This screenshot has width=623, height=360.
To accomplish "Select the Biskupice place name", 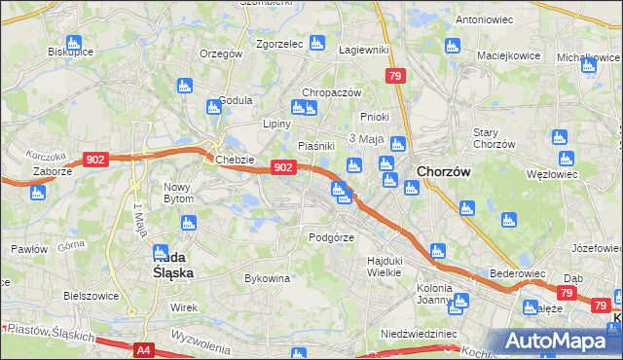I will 70,52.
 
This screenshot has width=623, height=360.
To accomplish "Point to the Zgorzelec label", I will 279,43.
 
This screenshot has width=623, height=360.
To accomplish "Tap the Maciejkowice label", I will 508,54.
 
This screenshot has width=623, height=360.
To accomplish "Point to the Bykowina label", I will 268,278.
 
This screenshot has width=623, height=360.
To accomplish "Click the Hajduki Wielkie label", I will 385,266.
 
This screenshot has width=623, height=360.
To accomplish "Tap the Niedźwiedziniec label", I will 420,333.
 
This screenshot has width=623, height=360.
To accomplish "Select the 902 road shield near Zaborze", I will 95,160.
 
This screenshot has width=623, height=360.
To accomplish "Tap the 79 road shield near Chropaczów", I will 394,76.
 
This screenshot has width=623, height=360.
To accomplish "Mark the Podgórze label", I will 331,236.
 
